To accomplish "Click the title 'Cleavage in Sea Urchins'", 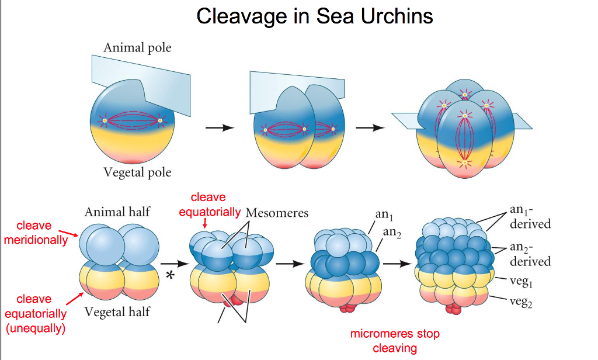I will coord(315,16).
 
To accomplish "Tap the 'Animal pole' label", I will coord(137,47).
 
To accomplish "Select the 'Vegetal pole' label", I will coord(137,172).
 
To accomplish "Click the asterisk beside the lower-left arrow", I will coord(170,276).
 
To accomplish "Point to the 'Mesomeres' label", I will coord(277,213).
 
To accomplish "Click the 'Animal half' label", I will coord(117,212).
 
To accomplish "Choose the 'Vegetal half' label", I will coord(117,311).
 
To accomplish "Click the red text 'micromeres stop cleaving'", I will coord(395,341).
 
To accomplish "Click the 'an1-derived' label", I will coord(530,217).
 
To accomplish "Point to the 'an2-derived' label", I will coord(530,254).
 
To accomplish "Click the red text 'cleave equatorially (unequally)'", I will coord(35,314).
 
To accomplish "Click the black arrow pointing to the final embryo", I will coord(397,264).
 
